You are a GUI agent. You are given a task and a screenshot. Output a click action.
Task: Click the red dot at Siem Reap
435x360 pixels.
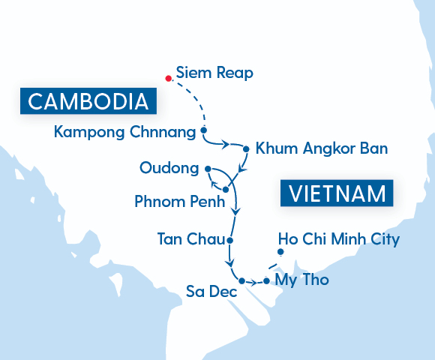169,77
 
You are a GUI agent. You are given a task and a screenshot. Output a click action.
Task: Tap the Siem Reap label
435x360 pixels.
214,73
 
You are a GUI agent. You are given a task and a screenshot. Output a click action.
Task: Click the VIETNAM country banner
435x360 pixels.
337,193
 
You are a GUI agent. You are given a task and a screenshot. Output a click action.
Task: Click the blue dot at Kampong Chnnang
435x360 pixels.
203,131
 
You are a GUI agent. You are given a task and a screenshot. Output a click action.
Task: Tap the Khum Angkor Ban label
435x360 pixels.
322,148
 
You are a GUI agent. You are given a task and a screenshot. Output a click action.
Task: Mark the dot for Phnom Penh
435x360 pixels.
225,190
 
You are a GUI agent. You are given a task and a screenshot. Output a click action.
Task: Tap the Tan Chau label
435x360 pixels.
190,240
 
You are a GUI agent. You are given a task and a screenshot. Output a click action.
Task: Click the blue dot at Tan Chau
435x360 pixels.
229,241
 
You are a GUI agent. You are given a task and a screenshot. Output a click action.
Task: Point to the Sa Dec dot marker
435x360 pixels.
241,280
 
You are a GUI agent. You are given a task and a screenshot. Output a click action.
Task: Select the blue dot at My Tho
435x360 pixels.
266,281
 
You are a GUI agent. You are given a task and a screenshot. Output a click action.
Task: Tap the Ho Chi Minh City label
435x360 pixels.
338,239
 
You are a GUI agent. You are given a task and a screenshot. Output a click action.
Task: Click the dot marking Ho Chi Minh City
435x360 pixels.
280,252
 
